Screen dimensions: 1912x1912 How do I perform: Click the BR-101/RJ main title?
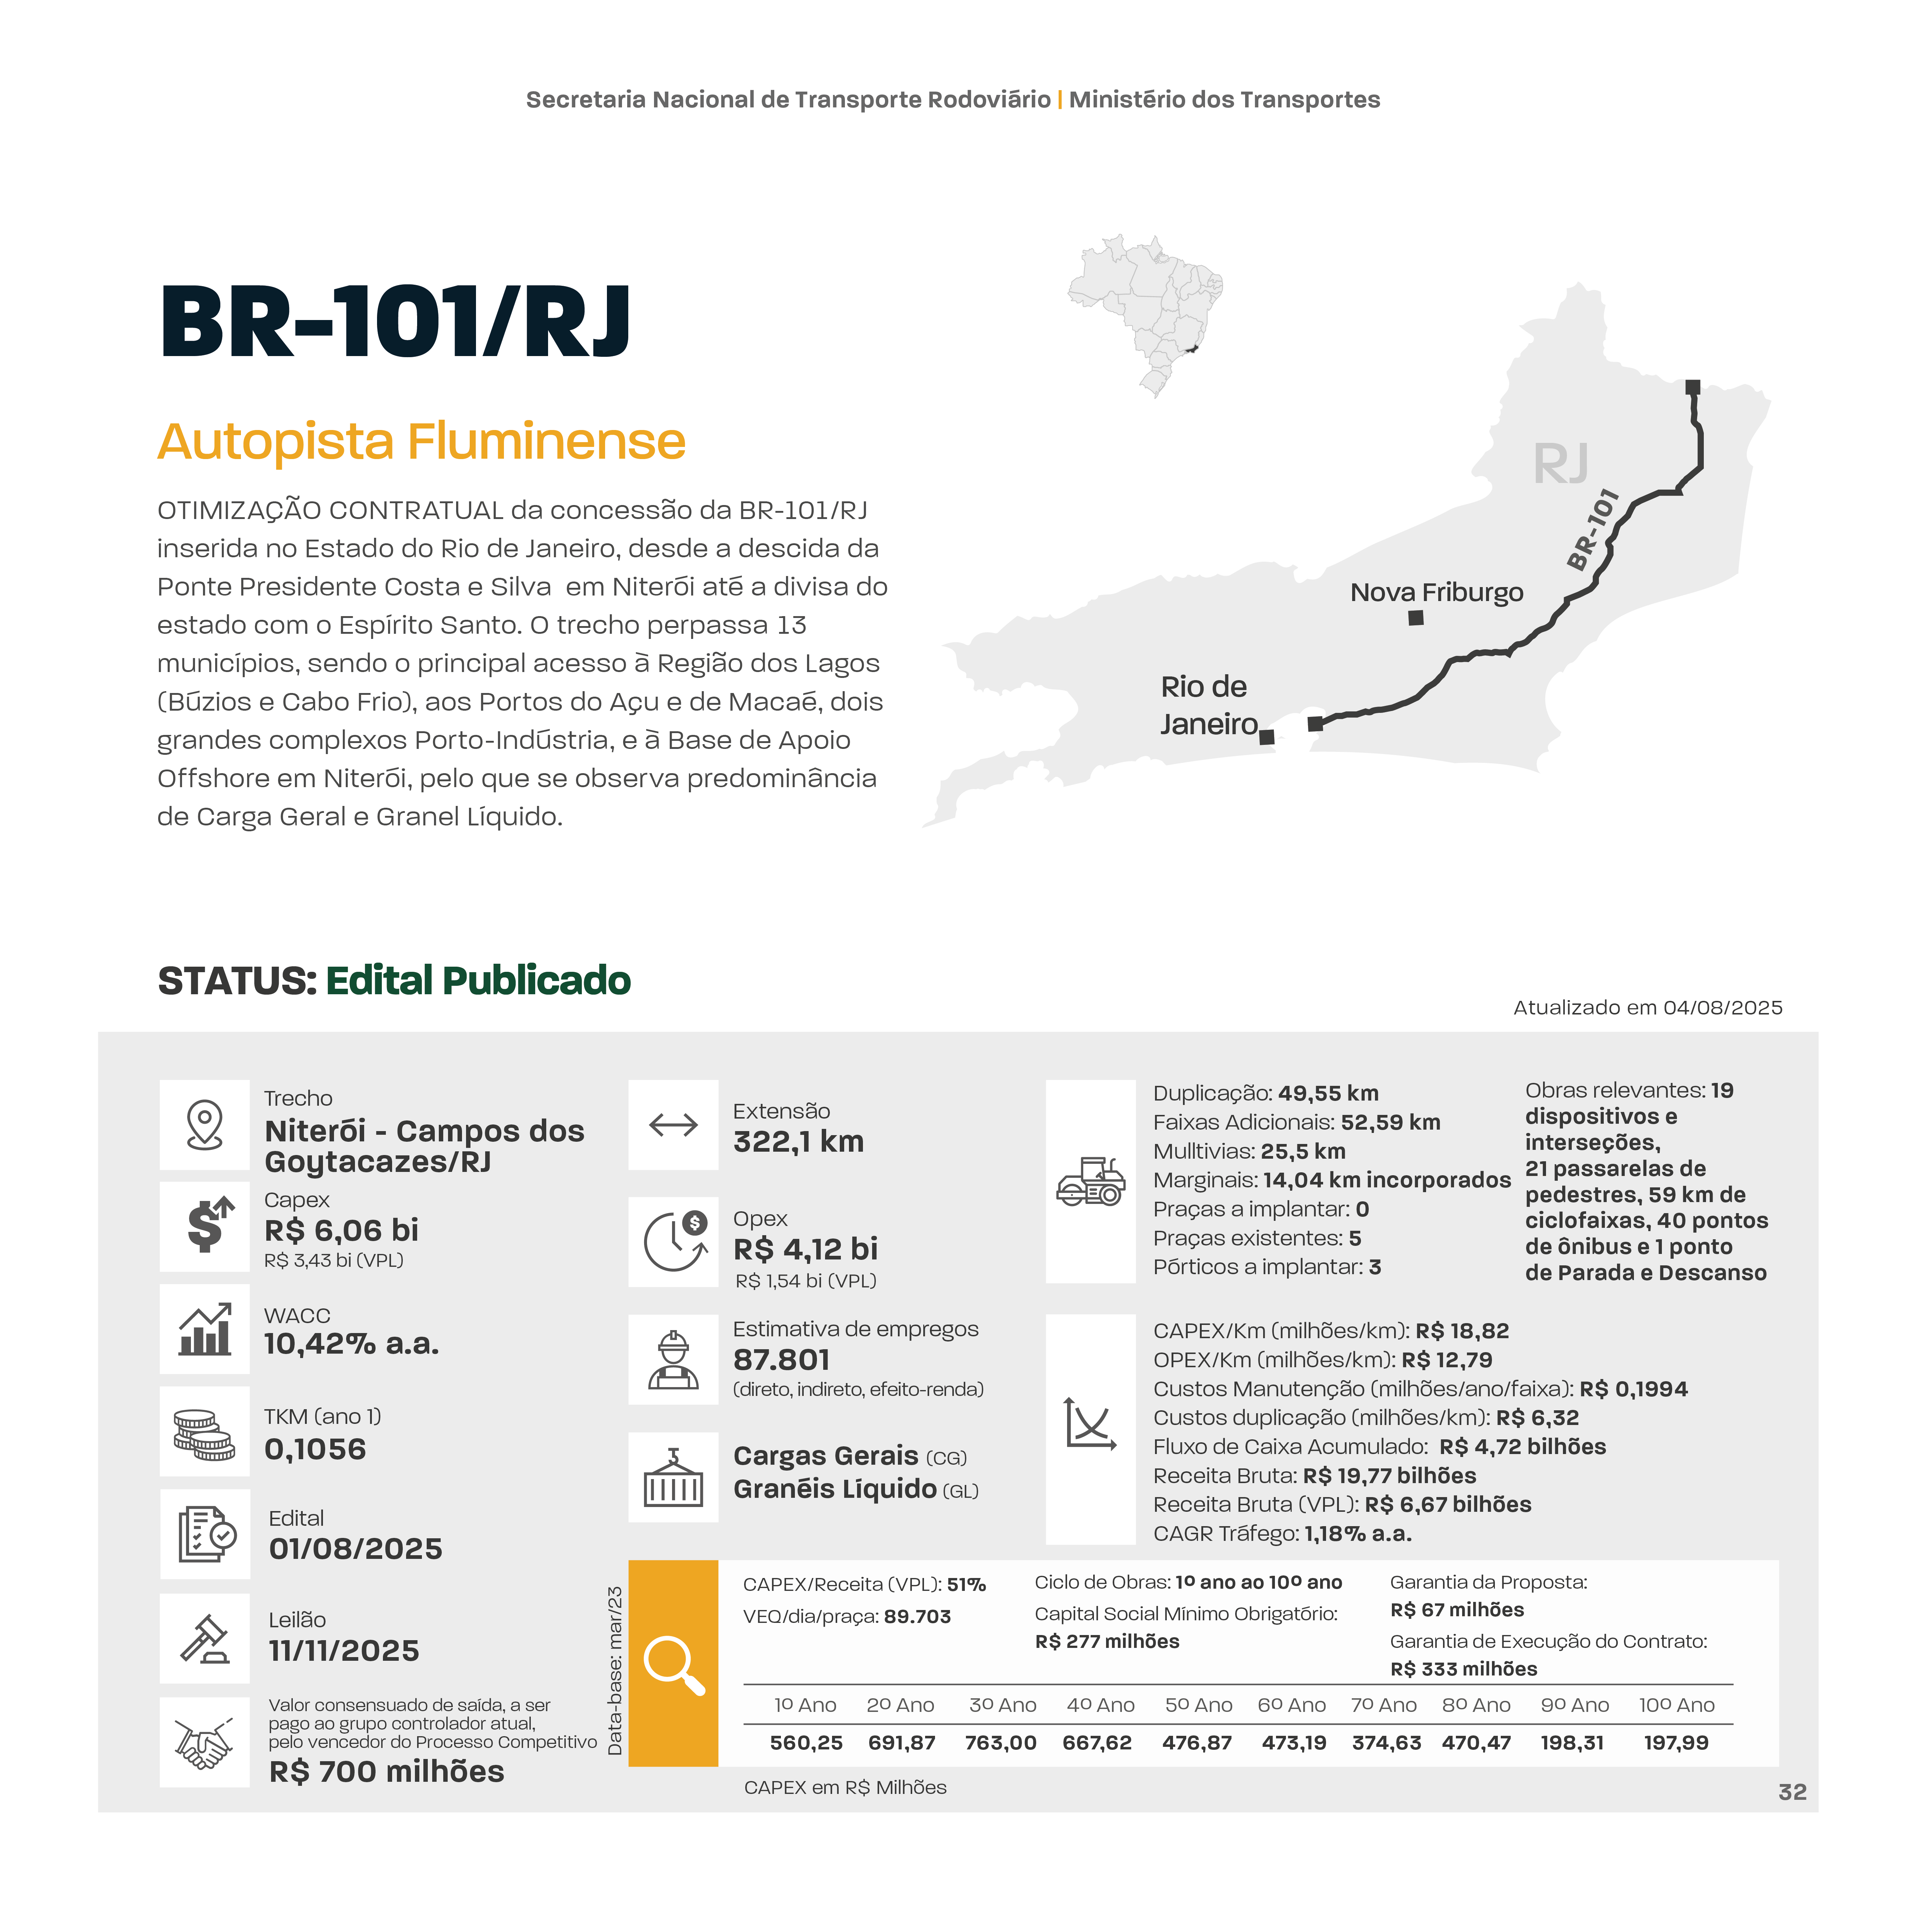394,323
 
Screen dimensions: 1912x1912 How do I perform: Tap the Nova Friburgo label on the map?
1436,592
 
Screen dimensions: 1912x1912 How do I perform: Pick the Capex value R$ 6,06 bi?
341,1230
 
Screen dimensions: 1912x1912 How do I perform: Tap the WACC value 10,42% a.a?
351,1344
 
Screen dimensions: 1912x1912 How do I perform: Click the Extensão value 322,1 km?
798,1141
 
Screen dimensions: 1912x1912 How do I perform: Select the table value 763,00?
1001,1743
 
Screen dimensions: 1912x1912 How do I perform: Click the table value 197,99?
1675,1743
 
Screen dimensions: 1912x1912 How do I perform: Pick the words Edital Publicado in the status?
478,981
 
